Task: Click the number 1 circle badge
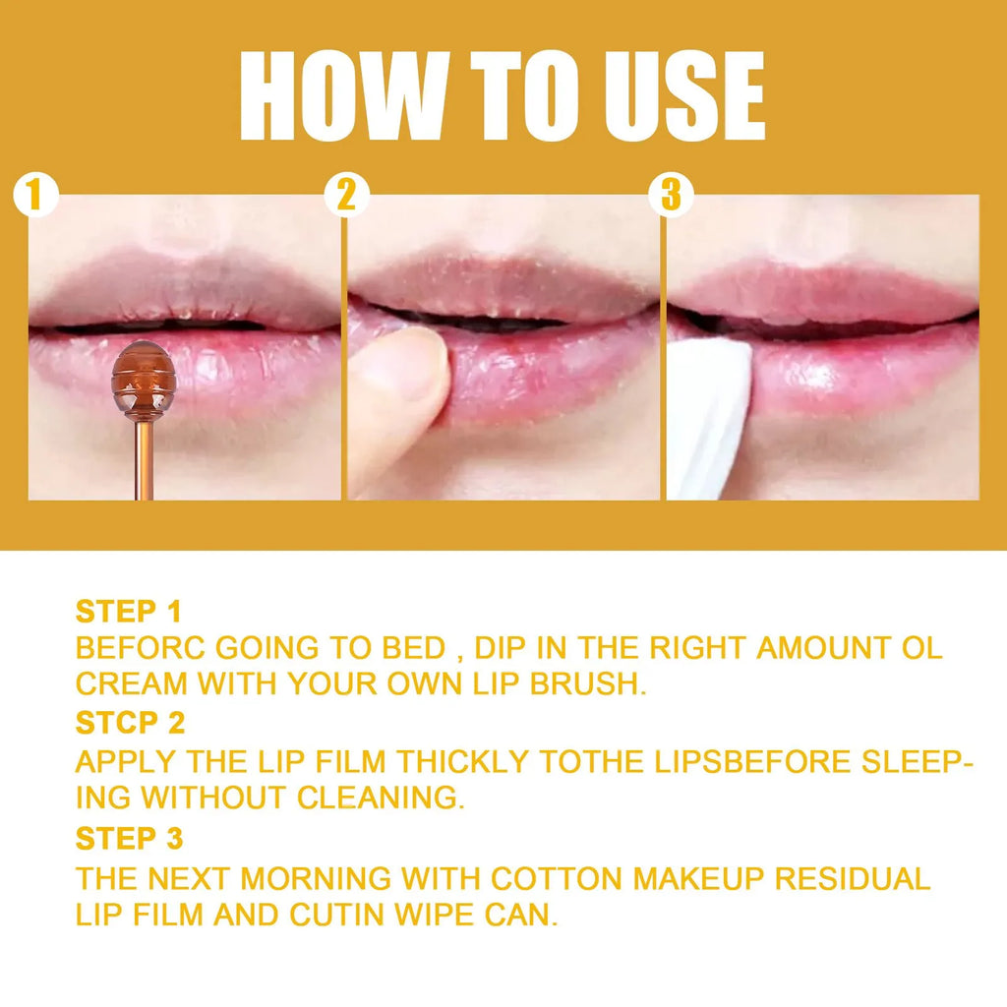pos(35,196)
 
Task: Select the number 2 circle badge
pos(346,196)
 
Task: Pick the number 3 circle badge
pos(671,196)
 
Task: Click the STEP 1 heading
pos(129,611)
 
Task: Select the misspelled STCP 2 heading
pos(130,723)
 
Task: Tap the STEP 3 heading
pos(130,839)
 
